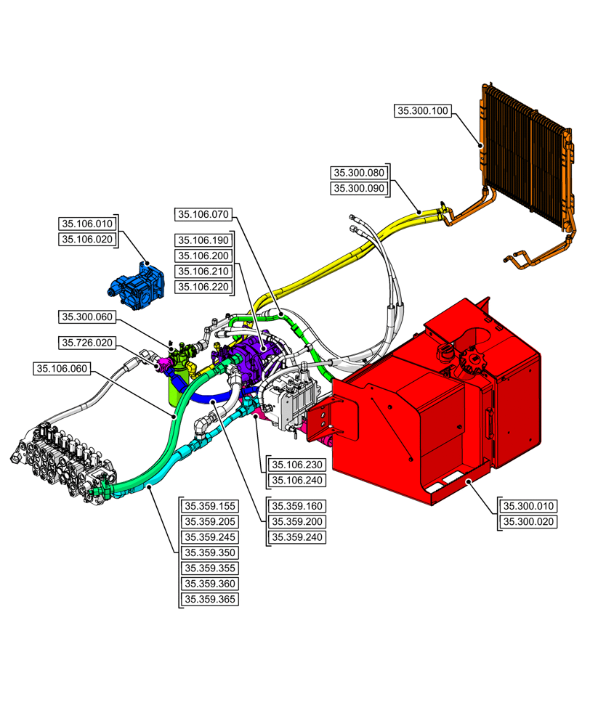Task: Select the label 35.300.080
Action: pyautogui.click(x=359, y=173)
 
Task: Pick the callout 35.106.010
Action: pyautogui.click(x=87, y=224)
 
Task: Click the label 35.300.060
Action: pyautogui.click(x=87, y=317)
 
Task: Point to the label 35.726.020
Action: pyautogui.click(x=87, y=342)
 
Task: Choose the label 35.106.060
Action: pyautogui.click(x=62, y=369)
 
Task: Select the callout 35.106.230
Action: pyautogui.click(x=296, y=465)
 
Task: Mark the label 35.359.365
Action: pyautogui.click(x=210, y=600)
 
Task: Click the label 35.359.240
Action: pyautogui.click(x=296, y=538)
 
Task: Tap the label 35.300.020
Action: pyautogui.click(x=527, y=522)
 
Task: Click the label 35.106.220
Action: pyautogui.click(x=203, y=287)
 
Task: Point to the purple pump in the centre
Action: pyautogui.click(x=251, y=356)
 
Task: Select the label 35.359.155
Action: pyautogui.click(x=210, y=506)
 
